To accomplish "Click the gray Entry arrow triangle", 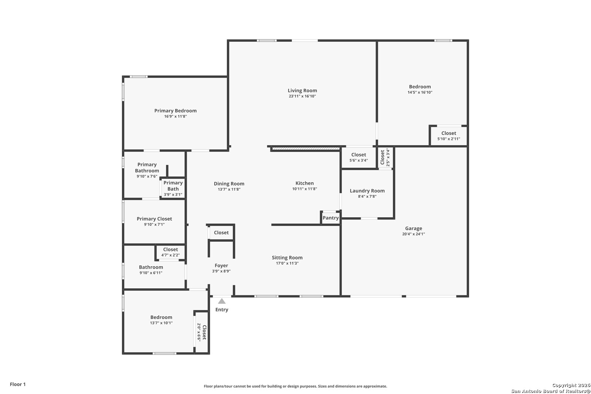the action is click(222, 301).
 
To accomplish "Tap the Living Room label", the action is click(303, 91).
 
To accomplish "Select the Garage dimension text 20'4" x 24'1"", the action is click(413, 234).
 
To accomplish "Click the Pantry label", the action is click(331, 218).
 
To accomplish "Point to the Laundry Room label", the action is click(367, 191).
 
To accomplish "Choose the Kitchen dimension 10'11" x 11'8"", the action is click(304, 189).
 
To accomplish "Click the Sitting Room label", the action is click(287, 258).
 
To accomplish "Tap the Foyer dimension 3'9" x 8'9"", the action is click(221, 271).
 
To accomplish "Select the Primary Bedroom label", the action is click(175, 111).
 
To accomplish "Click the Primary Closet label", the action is click(154, 219).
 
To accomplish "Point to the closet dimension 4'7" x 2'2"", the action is click(170, 255).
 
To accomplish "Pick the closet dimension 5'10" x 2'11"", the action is click(448, 139).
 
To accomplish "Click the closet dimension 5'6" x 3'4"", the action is click(359, 160).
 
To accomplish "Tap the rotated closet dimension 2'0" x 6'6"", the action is click(199, 332).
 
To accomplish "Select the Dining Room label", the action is click(229, 184).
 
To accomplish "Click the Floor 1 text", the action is click(18, 384).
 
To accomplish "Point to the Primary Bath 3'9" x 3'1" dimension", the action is click(173, 195).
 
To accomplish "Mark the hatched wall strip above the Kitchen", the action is click(306, 149).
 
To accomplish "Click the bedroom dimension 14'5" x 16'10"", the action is click(420, 92).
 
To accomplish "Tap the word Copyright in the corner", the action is click(565, 385).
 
